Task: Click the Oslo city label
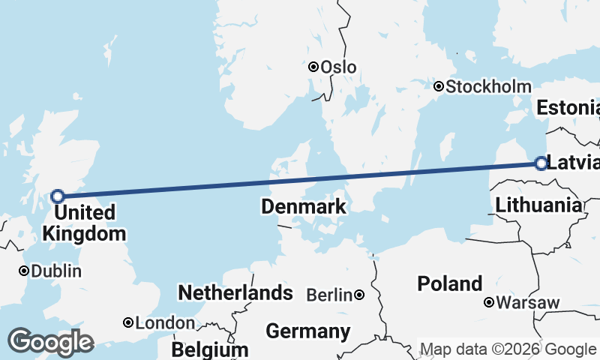(x=338, y=67)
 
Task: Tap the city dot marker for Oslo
(x=314, y=67)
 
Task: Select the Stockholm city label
(x=488, y=87)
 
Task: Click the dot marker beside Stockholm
(x=439, y=86)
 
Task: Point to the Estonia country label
(x=568, y=108)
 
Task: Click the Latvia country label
(x=574, y=163)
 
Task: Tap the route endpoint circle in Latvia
(x=541, y=163)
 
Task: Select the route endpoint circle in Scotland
(x=58, y=196)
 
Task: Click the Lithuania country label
(x=538, y=204)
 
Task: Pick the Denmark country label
(x=304, y=206)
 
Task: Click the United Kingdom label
(x=84, y=223)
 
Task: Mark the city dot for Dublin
(x=25, y=271)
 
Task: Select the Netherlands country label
(x=235, y=292)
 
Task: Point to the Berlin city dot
(x=360, y=295)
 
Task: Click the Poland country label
(x=450, y=283)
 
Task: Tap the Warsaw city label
(x=528, y=303)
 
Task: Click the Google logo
(x=50, y=342)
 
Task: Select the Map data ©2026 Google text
(x=508, y=349)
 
